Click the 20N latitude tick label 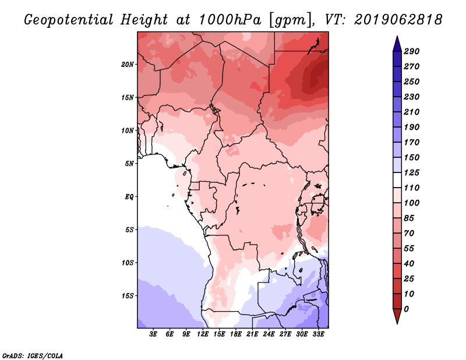coord(128,65)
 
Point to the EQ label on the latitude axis coord(129,197)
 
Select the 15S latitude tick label coord(128,296)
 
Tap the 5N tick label coord(129,164)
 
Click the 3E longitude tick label coord(153,334)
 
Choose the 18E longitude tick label coord(236,334)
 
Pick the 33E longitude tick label coord(318,334)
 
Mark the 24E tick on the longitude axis coord(269,334)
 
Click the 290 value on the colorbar coord(412,51)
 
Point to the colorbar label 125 coord(412,172)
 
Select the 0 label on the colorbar coord(407,309)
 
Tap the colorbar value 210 coord(412,112)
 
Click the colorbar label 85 coord(409,218)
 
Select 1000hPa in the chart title coord(230,20)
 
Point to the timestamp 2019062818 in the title coord(398,20)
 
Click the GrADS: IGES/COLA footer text coord(33,356)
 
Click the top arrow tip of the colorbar coord(397,36)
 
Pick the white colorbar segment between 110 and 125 coord(397,180)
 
